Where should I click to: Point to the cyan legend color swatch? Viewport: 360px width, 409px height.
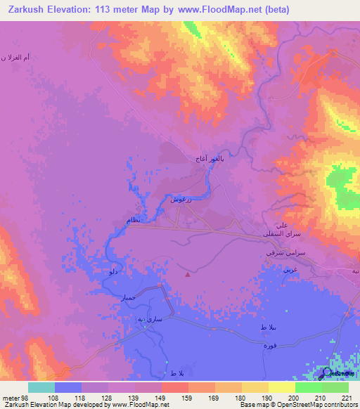click(x=41, y=387)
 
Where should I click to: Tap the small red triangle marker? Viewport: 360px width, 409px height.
click(x=187, y=275)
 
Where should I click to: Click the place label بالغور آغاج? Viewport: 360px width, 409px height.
click(x=210, y=160)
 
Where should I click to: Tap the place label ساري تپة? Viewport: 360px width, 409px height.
click(x=150, y=319)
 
